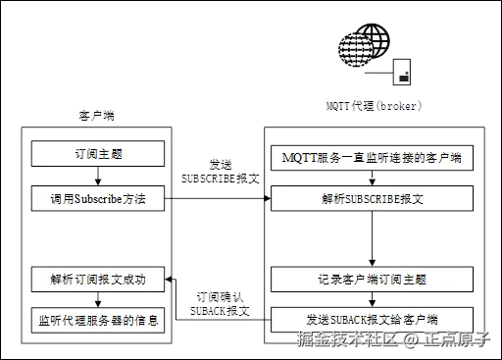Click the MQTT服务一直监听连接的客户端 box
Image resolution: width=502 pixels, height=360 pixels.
372,157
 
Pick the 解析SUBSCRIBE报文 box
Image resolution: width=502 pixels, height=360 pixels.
372,199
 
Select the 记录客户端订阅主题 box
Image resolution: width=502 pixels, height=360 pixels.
372,279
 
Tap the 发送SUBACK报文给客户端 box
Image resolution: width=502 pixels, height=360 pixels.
372,320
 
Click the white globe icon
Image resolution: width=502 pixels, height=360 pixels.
372,43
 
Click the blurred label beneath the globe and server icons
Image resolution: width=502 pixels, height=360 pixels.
373,104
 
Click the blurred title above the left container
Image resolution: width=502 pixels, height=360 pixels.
96,116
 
